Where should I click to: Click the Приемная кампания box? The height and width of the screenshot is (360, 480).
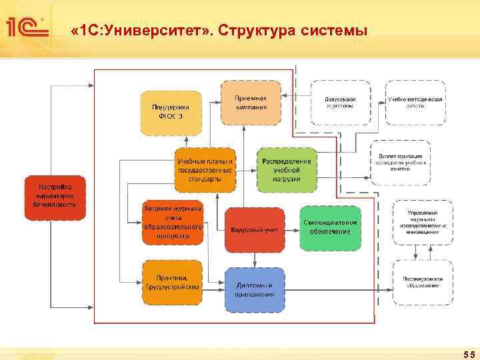[x=251, y=102]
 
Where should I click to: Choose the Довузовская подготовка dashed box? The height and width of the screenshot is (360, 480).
[x=340, y=103]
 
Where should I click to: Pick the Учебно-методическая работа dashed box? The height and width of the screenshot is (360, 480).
[x=415, y=103]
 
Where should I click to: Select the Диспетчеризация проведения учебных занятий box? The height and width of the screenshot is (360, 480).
[x=400, y=162]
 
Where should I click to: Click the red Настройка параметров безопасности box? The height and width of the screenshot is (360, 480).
[x=55, y=194]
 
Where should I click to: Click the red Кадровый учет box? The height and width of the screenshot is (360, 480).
[x=254, y=229]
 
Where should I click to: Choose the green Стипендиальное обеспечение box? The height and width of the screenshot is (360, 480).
[x=330, y=227]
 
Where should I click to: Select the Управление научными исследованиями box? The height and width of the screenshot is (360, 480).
[x=423, y=221]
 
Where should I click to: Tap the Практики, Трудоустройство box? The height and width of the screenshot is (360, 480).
[x=173, y=282]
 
